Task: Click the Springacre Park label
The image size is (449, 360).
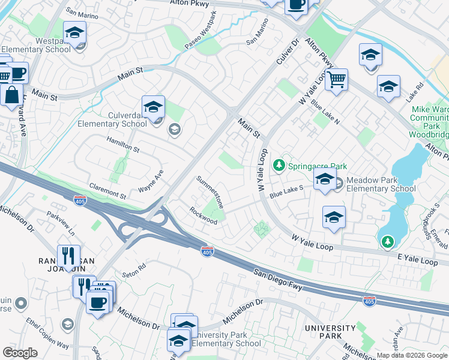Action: click(x=318, y=166)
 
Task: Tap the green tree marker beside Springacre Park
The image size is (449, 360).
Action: click(x=279, y=164)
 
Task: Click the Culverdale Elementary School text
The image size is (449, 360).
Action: click(x=112, y=119)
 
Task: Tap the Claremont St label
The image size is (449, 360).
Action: click(x=107, y=192)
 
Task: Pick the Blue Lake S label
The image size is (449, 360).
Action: click(x=286, y=192)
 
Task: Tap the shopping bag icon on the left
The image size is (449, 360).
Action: click(x=12, y=95)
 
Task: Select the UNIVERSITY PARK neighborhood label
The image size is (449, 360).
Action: click(x=330, y=332)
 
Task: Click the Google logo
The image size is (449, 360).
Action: click(x=20, y=353)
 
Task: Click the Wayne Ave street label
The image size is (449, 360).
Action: click(x=151, y=182)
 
